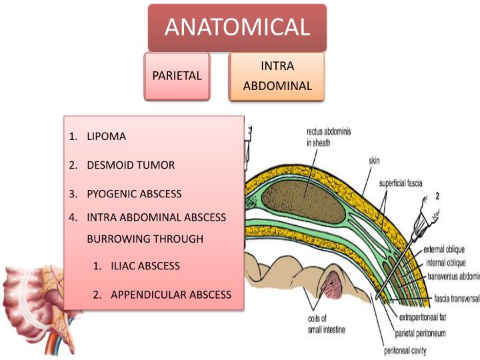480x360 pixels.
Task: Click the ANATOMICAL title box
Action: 237,27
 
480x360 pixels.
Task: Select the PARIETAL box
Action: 177,75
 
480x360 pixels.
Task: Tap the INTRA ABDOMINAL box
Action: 277,76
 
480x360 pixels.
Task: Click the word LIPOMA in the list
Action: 106,137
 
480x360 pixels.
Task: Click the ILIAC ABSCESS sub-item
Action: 145,265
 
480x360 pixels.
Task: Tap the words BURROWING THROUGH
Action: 145,239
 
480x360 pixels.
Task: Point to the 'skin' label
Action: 375,161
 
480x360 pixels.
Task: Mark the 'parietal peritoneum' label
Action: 428,333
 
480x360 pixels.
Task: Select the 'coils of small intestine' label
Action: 325,324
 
